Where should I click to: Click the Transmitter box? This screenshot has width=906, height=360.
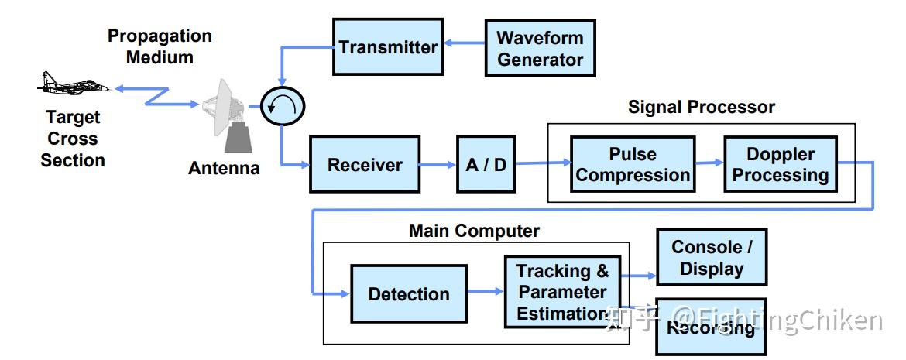tap(388, 47)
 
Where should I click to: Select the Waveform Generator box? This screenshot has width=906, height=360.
tap(540, 48)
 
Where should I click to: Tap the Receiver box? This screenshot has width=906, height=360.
tap(365, 164)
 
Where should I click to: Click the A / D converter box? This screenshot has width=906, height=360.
tap(486, 164)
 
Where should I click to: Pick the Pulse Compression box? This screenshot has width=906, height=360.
tap(632, 164)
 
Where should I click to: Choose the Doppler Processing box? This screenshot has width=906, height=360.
tap(780, 164)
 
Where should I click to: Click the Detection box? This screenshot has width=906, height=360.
tap(409, 293)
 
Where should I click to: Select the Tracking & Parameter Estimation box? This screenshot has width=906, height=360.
tap(562, 292)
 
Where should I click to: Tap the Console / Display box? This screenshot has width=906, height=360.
tap(711, 258)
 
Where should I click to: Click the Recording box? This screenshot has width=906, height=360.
tap(711, 327)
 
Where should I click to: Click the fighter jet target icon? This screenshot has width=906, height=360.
tap(74, 84)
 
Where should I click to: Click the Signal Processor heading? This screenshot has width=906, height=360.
tap(701, 107)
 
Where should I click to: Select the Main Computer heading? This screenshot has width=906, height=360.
tap(474, 231)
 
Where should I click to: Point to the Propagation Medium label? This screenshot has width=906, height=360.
tap(160, 46)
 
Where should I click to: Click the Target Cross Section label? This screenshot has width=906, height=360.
tap(73, 139)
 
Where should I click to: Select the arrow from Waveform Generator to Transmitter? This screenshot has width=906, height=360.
tap(464, 44)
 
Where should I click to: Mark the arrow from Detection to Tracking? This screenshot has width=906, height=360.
tap(486, 291)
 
